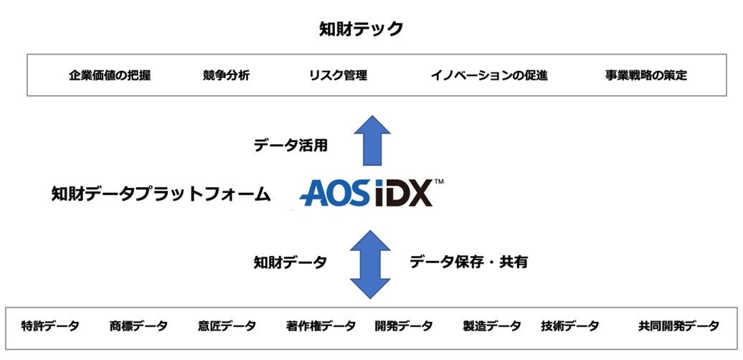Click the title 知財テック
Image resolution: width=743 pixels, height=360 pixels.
coord(361,29)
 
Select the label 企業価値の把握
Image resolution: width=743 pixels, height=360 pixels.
coord(110,75)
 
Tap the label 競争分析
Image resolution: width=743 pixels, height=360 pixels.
coord(226,75)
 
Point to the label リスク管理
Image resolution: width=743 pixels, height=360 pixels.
coord(338,75)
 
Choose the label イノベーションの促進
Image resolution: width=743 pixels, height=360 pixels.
coord(489,75)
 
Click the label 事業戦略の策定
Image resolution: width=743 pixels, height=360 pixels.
coord(645,75)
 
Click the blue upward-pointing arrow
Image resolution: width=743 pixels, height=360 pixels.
coord(372,141)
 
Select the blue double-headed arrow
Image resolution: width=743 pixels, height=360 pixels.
coord(370,264)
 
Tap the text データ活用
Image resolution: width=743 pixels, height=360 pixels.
coord(290,146)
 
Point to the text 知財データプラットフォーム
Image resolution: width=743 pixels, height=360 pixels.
coord(161,194)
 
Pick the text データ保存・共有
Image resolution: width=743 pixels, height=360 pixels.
coord(468,262)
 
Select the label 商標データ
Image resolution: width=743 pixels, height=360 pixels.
coord(138,326)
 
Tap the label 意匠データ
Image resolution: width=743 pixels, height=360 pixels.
coord(227,326)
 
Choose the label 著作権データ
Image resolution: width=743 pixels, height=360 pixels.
coord(321,326)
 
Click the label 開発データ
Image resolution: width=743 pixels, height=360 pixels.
coord(404,326)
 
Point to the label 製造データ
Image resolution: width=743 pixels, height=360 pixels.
coord(492,326)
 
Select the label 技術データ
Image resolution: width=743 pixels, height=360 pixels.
coord(570,326)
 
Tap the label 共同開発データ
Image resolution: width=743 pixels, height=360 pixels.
coord(678,326)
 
